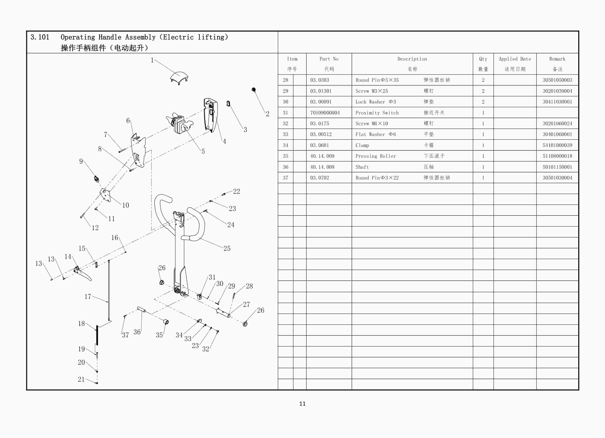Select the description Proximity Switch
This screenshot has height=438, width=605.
tap(377, 113)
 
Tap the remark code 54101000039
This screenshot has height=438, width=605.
tap(557, 145)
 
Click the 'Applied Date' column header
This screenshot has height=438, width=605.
tap(515, 59)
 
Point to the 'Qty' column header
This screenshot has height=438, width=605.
tap(483, 59)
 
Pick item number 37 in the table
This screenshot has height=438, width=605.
tap(285, 178)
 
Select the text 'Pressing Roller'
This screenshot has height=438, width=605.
tap(376, 156)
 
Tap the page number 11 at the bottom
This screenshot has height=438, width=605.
tap(302, 404)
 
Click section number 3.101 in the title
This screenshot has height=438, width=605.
tap(40, 37)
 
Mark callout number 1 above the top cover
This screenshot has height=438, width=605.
tap(152, 60)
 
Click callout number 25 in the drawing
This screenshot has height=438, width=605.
tap(227, 248)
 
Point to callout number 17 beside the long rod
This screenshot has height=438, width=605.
tap(88, 297)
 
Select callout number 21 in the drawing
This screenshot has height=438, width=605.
tap(81, 379)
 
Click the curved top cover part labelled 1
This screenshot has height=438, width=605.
tap(179, 78)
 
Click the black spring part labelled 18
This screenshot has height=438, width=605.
tap(97, 335)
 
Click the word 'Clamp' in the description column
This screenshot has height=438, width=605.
tap(362, 145)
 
